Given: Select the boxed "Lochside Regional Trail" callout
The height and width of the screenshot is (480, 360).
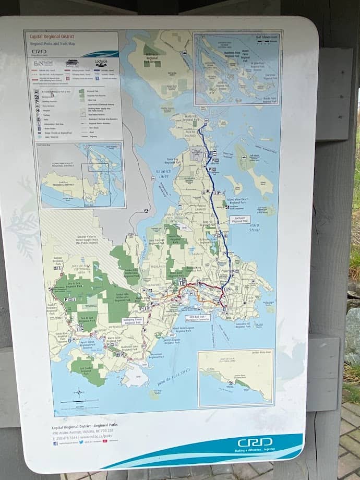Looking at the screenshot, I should click(x=240, y=220).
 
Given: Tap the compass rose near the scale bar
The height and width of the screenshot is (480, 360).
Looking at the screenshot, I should click(x=78, y=391).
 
